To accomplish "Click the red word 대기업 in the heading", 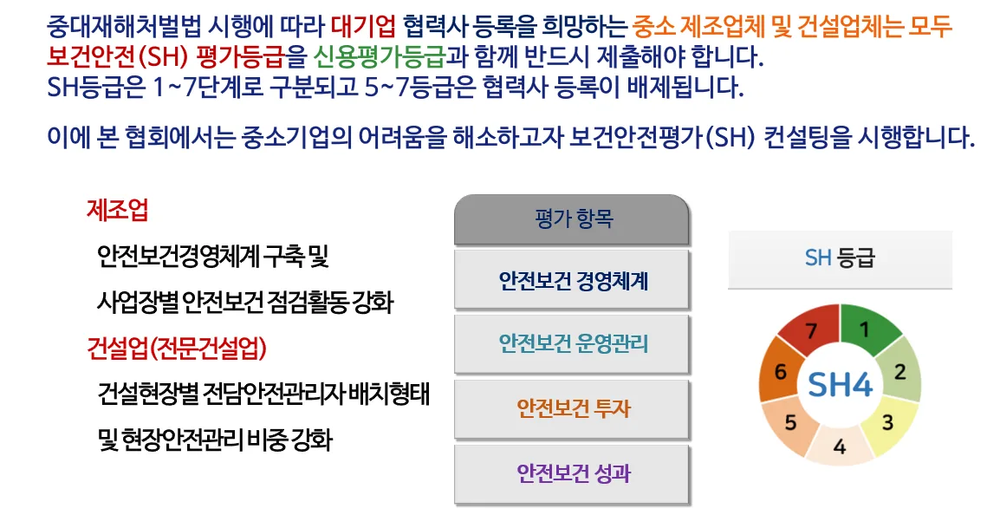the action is click(x=363, y=27).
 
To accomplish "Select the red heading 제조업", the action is click(x=118, y=210).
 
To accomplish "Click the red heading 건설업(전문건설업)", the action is click(x=177, y=347).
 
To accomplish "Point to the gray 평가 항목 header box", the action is click(x=572, y=219).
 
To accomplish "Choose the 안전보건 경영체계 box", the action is click(x=572, y=280).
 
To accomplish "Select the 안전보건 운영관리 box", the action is click(x=572, y=344).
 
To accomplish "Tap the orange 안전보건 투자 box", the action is click(x=572, y=409).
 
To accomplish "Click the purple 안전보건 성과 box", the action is click(x=572, y=474).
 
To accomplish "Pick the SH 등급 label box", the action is click(x=840, y=258).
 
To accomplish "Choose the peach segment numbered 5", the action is click(x=790, y=422).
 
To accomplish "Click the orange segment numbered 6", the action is click(x=781, y=371).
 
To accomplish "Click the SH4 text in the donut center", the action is click(x=840, y=384).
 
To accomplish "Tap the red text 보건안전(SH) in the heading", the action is click(x=117, y=56).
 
